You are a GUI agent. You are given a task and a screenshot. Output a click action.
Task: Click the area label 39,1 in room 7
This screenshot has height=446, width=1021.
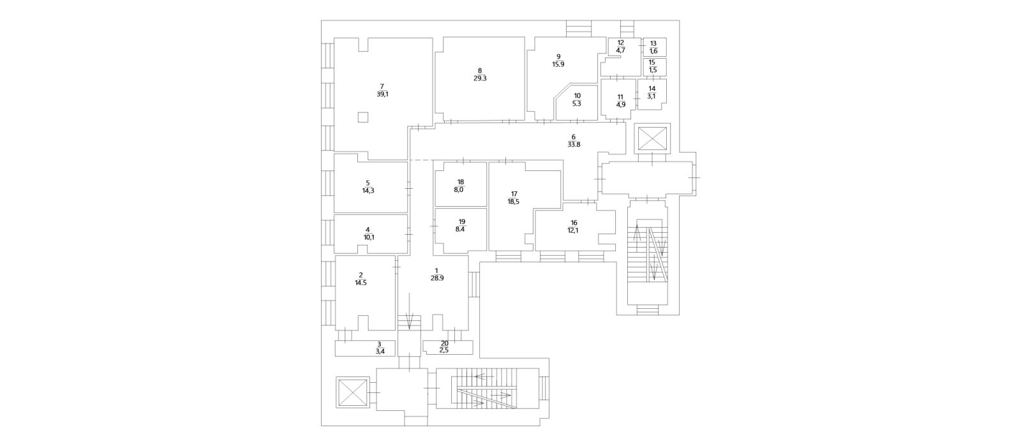pos(382,94)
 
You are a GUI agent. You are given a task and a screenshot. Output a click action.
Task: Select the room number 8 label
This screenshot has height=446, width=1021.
pos(479,71)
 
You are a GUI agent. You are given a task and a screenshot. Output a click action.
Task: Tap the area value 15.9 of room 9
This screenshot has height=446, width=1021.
pos(558,64)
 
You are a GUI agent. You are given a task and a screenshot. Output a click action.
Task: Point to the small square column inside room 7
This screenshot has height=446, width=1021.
pos(363,117)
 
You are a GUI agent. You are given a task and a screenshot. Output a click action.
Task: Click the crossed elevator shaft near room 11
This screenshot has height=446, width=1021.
pos(652,139)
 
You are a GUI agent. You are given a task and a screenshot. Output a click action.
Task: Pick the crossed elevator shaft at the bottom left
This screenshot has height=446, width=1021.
pos(352,392)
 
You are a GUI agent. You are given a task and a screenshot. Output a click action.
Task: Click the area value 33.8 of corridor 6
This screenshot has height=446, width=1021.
pos(574,144)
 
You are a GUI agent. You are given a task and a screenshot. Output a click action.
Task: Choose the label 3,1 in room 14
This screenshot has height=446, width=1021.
pos(652,96)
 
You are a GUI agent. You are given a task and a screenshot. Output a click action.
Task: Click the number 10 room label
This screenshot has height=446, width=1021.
pos(577,96)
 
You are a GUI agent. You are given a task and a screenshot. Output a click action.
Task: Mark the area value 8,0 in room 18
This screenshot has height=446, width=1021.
pos(459,190)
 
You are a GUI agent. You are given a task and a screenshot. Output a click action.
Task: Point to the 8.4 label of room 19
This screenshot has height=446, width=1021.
pos(460,230)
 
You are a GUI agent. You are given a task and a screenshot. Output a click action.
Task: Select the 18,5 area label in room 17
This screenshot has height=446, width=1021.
pos(513,202)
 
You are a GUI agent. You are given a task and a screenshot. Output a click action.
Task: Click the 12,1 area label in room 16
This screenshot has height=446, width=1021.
pos(574,230)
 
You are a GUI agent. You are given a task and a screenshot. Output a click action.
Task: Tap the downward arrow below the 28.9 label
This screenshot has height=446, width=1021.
pos(409,311)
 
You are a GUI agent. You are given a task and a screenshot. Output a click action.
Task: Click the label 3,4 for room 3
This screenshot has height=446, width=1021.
pos(380,351)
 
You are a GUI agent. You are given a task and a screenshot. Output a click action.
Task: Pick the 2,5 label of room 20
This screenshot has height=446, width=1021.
pos(444,350)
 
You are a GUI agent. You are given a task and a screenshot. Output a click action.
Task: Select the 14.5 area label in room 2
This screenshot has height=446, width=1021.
pos(361,283)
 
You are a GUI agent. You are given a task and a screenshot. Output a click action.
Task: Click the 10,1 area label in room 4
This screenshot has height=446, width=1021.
pos(369,237)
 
